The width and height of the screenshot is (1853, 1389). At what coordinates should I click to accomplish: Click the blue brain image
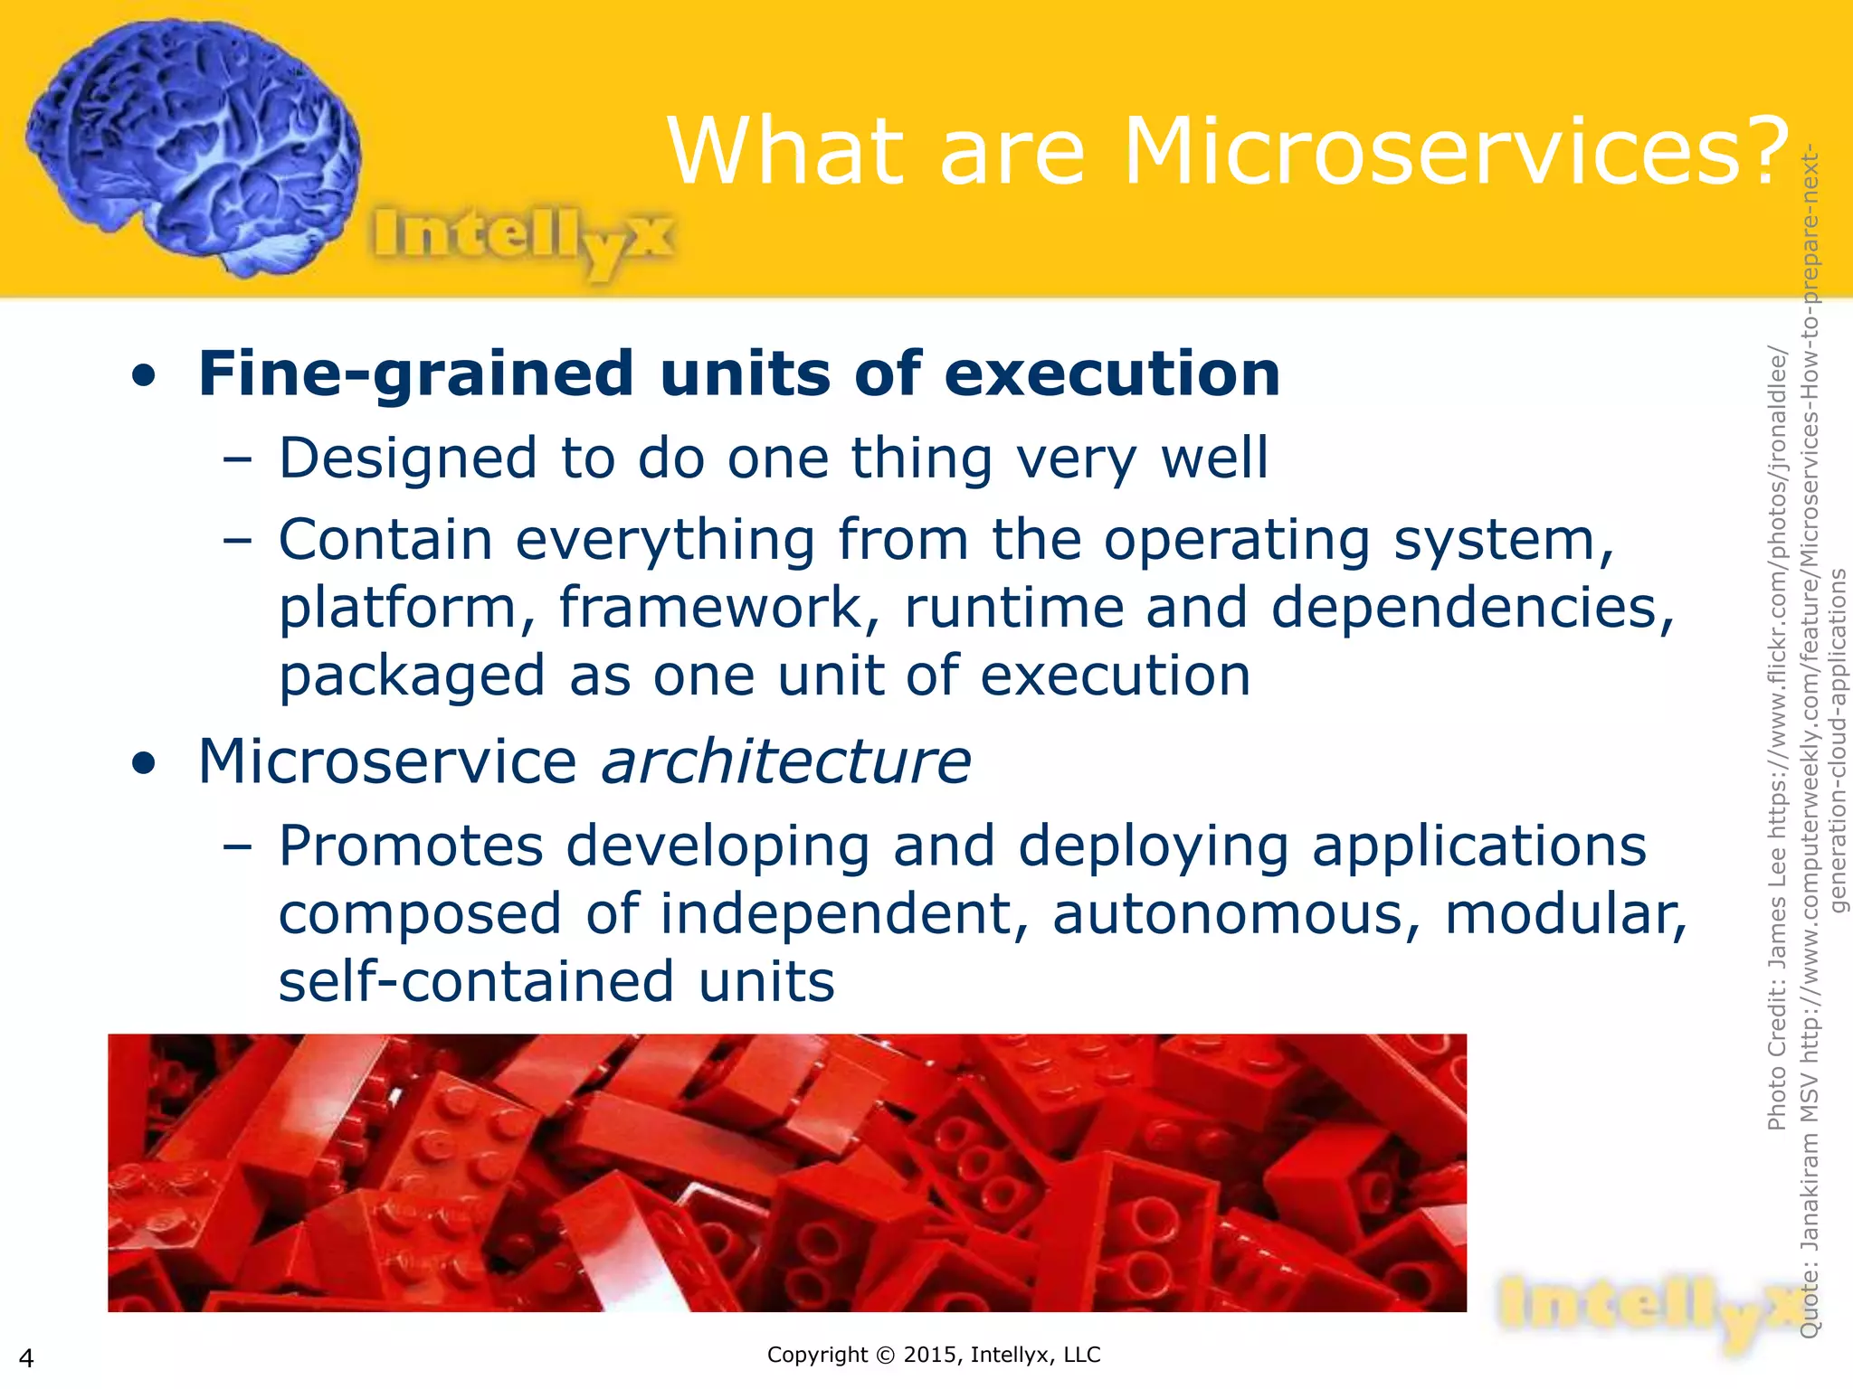(x=195, y=145)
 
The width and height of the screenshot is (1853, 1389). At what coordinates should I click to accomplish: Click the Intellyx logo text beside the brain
(x=523, y=237)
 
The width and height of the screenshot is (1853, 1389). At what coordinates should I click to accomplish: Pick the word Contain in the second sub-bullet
(x=385, y=540)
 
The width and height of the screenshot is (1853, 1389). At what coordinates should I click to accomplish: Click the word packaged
(x=412, y=676)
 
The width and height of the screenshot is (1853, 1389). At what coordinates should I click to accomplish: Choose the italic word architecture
(x=786, y=761)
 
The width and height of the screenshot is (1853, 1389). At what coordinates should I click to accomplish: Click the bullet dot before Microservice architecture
(x=143, y=763)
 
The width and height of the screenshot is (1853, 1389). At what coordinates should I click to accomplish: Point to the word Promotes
(x=411, y=846)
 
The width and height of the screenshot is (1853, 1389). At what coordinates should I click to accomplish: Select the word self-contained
(x=476, y=982)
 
